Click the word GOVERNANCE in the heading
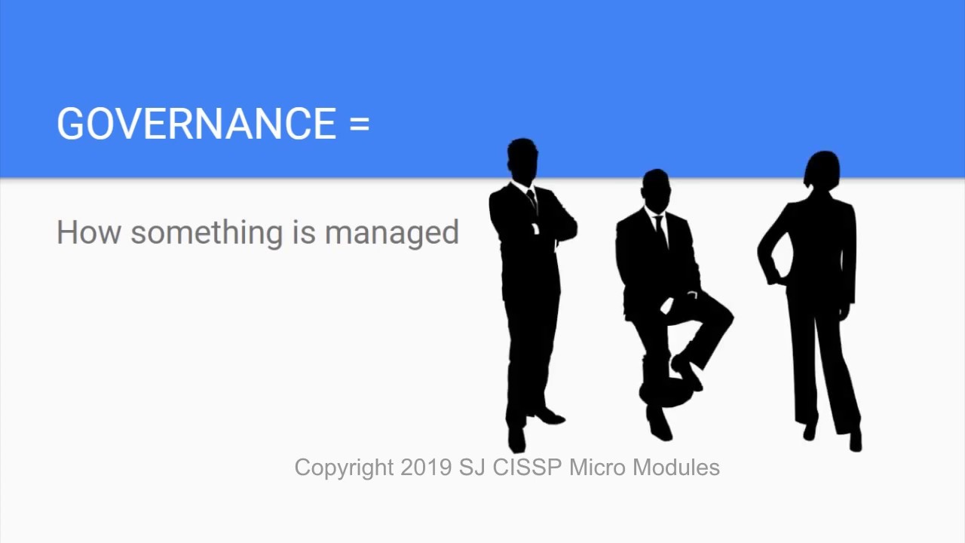196,124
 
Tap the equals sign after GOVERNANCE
360,124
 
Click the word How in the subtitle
87,232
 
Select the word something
207,232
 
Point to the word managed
391,232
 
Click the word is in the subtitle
304,232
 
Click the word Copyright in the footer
344,468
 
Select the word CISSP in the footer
527,468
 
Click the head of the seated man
656,188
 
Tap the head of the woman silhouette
823,170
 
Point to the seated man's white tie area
659,226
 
